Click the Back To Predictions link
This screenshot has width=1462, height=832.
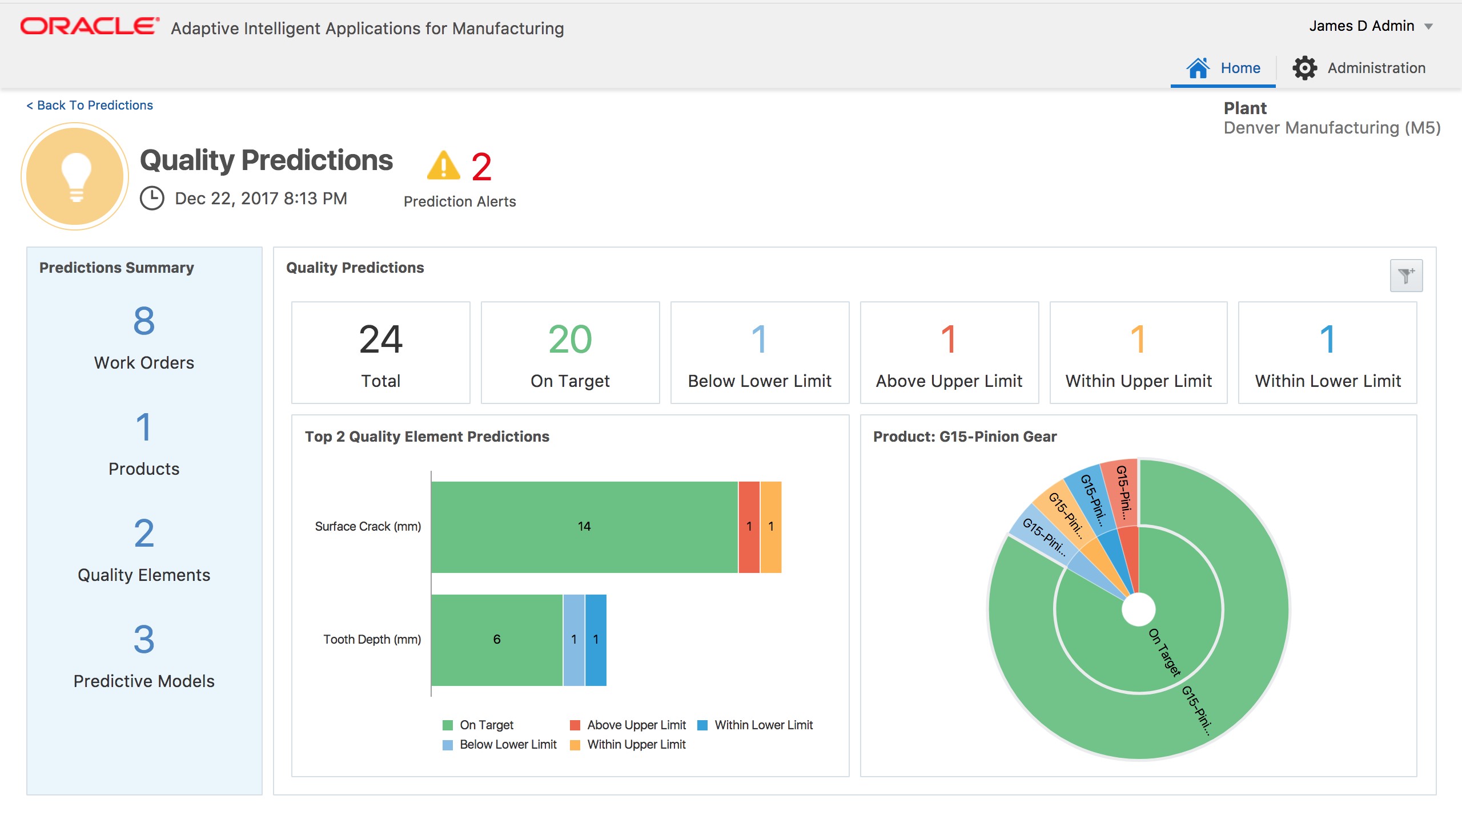click(x=90, y=105)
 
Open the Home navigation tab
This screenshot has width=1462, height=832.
click(x=1223, y=68)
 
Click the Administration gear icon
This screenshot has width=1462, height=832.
click(x=1304, y=68)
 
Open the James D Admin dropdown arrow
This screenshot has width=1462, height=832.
click(x=1428, y=26)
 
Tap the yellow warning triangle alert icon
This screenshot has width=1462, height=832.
click(x=443, y=166)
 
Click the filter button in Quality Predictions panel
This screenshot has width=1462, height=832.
click(x=1405, y=276)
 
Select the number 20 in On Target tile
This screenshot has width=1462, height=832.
click(x=569, y=340)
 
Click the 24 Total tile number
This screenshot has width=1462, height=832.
click(x=380, y=340)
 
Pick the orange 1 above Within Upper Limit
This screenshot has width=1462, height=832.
click(x=1138, y=340)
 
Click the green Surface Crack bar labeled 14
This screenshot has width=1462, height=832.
click(x=584, y=526)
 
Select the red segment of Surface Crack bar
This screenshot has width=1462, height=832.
click(x=749, y=526)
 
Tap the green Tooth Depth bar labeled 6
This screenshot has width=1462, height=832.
click(x=496, y=640)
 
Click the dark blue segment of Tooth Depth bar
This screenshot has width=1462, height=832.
click(x=596, y=640)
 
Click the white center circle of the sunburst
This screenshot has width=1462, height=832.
click(x=1138, y=609)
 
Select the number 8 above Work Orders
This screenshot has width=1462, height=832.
click(x=144, y=321)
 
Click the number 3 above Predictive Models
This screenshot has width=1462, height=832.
click(x=144, y=640)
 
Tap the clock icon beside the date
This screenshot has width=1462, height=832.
click(x=152, y=198)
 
